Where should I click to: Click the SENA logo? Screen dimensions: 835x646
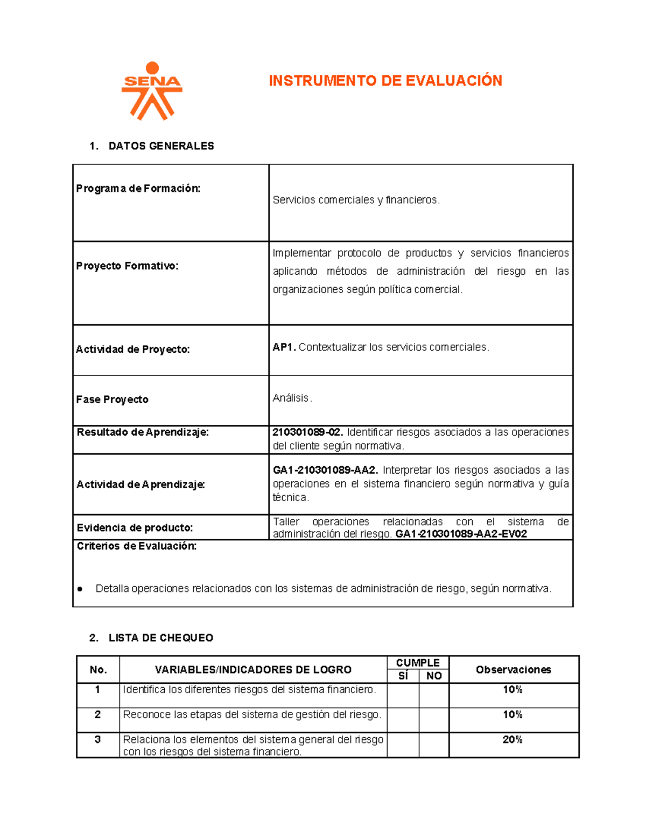click(152, 91)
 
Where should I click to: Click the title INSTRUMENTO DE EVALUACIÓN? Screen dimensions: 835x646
click(385, 81)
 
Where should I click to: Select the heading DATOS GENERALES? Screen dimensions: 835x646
click(161, 146)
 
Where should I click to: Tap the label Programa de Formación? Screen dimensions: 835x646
click(138, 188)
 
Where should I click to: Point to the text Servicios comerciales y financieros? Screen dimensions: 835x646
click(356, 200)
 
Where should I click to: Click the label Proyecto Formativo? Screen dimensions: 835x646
click(127, 266)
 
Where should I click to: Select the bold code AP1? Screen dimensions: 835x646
click(284, 347)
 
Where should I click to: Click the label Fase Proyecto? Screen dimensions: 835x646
click(112, 399)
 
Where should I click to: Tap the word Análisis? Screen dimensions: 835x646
click(291, 398)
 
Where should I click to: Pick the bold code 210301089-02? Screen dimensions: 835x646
click(307, 432)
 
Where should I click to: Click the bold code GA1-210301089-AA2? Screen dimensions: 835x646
click(325, 470)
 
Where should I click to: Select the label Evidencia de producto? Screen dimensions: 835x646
click(135, 527)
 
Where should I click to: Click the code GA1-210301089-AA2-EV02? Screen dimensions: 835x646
click(461, 534)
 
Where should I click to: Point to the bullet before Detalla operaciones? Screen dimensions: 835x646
click(80, 589)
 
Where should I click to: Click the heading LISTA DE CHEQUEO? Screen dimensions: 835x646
click(160, 638)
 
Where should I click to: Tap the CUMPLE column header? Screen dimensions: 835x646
click(418, 662)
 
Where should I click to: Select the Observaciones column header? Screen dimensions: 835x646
click(513, 669)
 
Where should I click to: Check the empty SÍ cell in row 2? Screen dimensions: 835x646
click(403, 720)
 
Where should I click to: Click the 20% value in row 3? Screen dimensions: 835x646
click(512, 740)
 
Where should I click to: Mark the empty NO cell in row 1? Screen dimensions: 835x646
click(434, 695)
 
